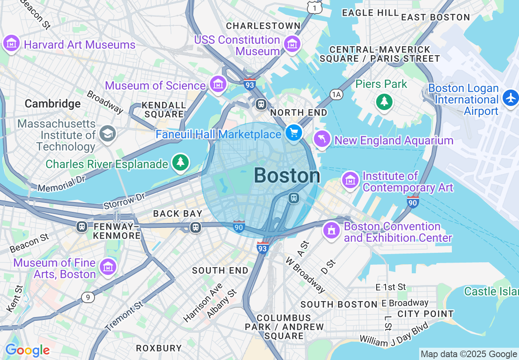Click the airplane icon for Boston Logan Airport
pos(511,99)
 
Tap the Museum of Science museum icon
pos(218,84)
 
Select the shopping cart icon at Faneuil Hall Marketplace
pos(293,133)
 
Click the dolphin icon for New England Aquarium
pos(322,139)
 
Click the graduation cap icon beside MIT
pos(108,133)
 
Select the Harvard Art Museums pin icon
pos(11,43)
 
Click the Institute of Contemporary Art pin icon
pos(350,180)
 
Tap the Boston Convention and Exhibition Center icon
pos(332,230)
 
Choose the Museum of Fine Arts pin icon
pos(108,267)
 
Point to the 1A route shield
pos(336,95)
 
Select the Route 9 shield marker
pos(88,297)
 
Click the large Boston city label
pos(287,176)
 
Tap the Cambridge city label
pos(52,104)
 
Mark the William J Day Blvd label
pos(394,334)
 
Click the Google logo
pos(27,350)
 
